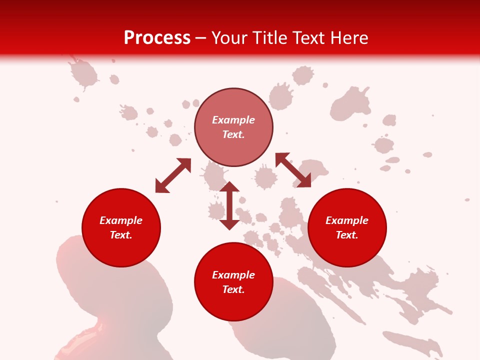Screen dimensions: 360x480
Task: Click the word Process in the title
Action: point(157,38)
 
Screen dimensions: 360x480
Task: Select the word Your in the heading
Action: point(228,38)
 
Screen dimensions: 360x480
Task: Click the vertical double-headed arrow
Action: point(229,205)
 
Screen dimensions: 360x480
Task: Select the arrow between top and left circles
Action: point(173,175)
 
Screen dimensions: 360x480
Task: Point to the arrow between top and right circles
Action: point(293,170)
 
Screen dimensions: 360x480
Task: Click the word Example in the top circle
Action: point(233,120)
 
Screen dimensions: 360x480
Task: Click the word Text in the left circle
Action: point(121,235)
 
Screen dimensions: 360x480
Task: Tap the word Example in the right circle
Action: point(347,220)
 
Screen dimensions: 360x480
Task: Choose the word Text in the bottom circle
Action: point(233,289)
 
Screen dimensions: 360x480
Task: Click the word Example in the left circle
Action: point(121,220)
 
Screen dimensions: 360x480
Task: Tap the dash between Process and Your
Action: point(201,38)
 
